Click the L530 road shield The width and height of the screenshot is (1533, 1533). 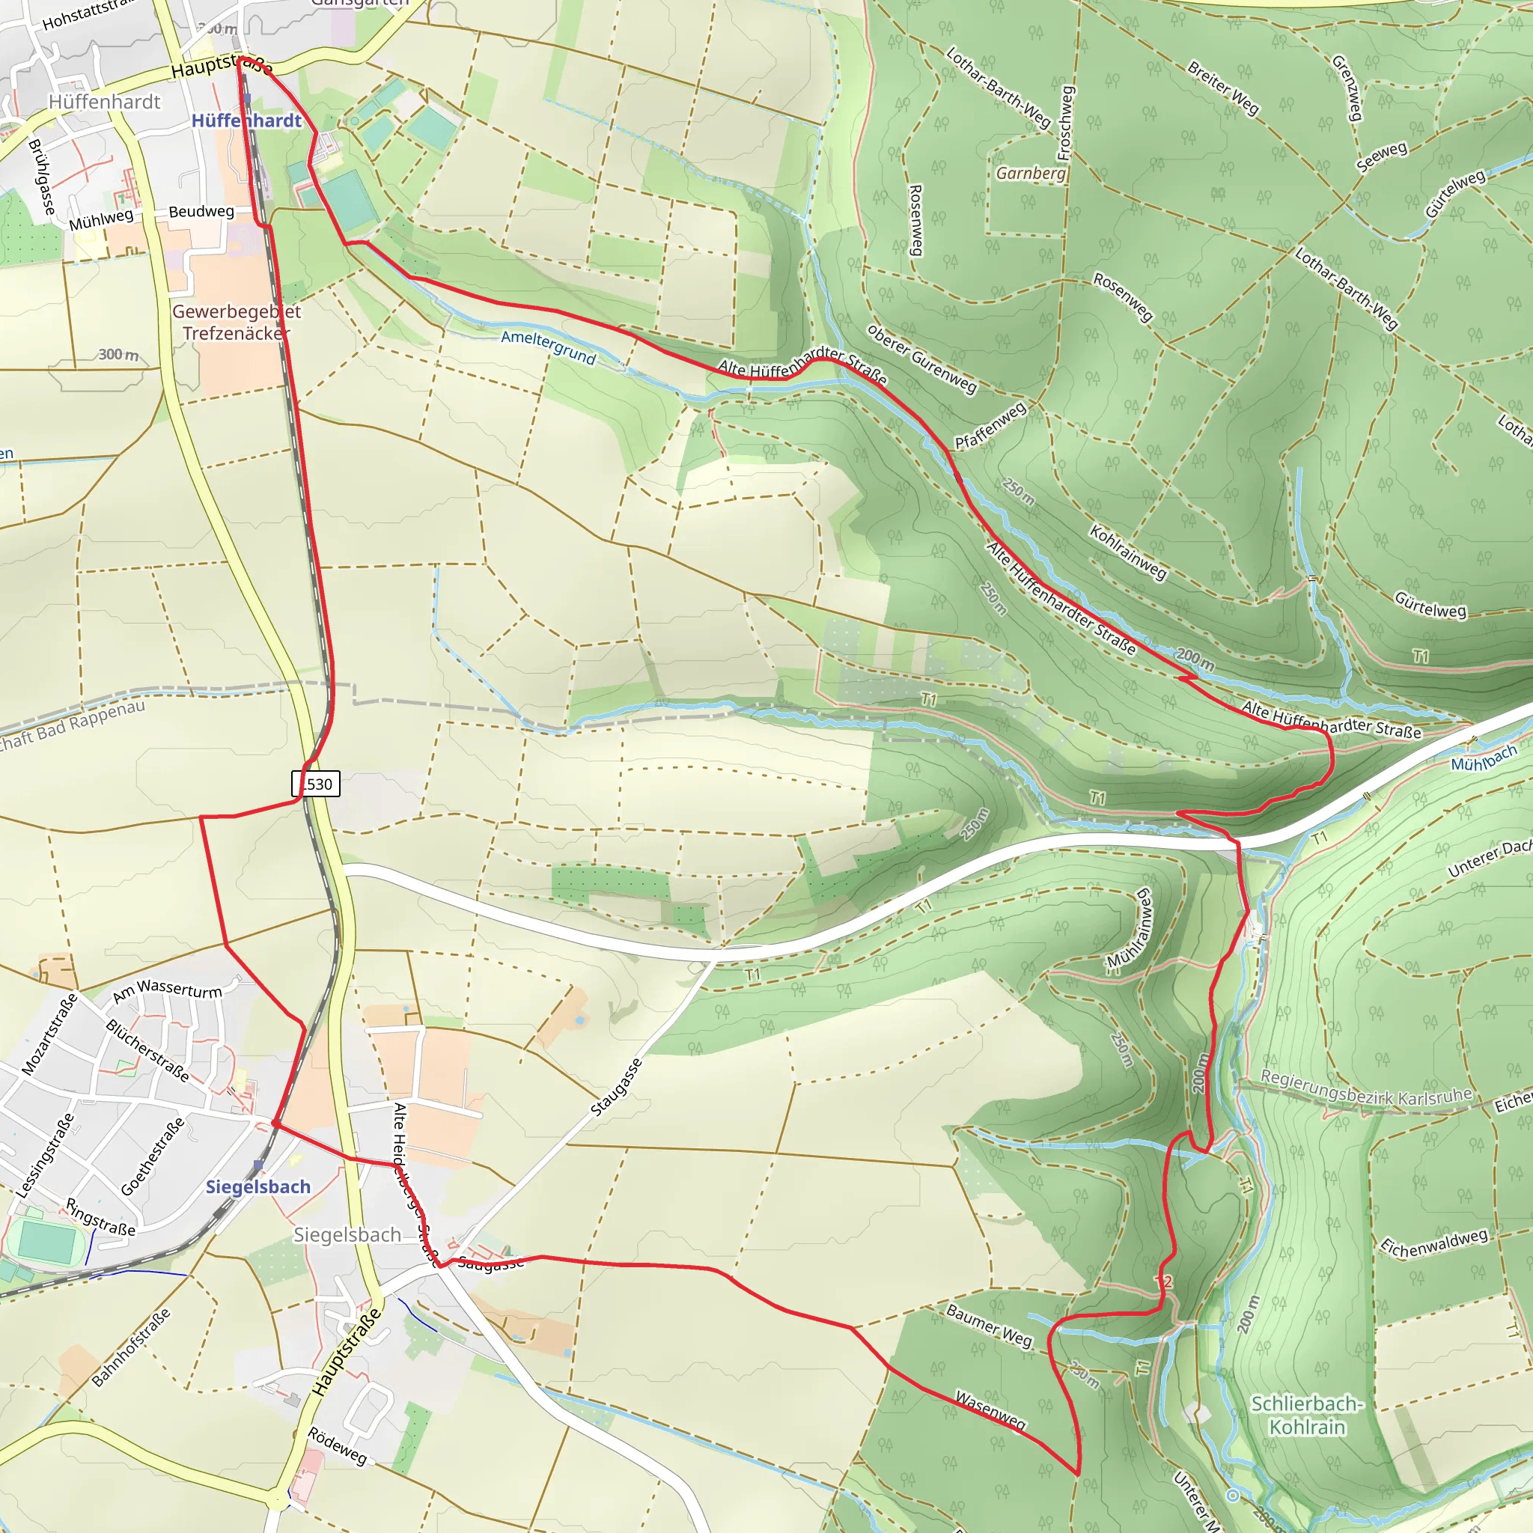[x=317, y=784]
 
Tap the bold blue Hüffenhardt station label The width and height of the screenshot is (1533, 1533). [x=247, y=121]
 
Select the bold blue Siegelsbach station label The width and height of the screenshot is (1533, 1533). [x=258, y=1186]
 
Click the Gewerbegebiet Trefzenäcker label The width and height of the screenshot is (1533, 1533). [x=237, y=321]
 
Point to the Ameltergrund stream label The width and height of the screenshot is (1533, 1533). [x=548, y=347]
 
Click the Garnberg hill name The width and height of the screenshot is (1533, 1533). [x=1030, y=173]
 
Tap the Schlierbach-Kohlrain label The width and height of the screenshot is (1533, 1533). [x=1307, y=1415]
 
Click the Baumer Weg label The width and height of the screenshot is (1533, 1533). [x=989, y=1325]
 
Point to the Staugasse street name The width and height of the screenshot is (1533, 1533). [x=617, y=1087]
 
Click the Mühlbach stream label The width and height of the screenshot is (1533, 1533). [x=1483, y=758]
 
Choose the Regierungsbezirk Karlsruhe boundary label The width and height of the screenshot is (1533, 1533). [x=1365, y=1088]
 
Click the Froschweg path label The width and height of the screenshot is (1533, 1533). [x=1066, y=123]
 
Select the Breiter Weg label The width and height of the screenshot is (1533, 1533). [x=1223, y=88]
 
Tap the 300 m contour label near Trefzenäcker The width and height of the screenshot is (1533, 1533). [x=118, y=355]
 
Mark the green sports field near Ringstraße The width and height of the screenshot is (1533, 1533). [x=46, y=1242]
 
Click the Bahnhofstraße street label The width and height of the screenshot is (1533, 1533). [x=131, y=1348]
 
